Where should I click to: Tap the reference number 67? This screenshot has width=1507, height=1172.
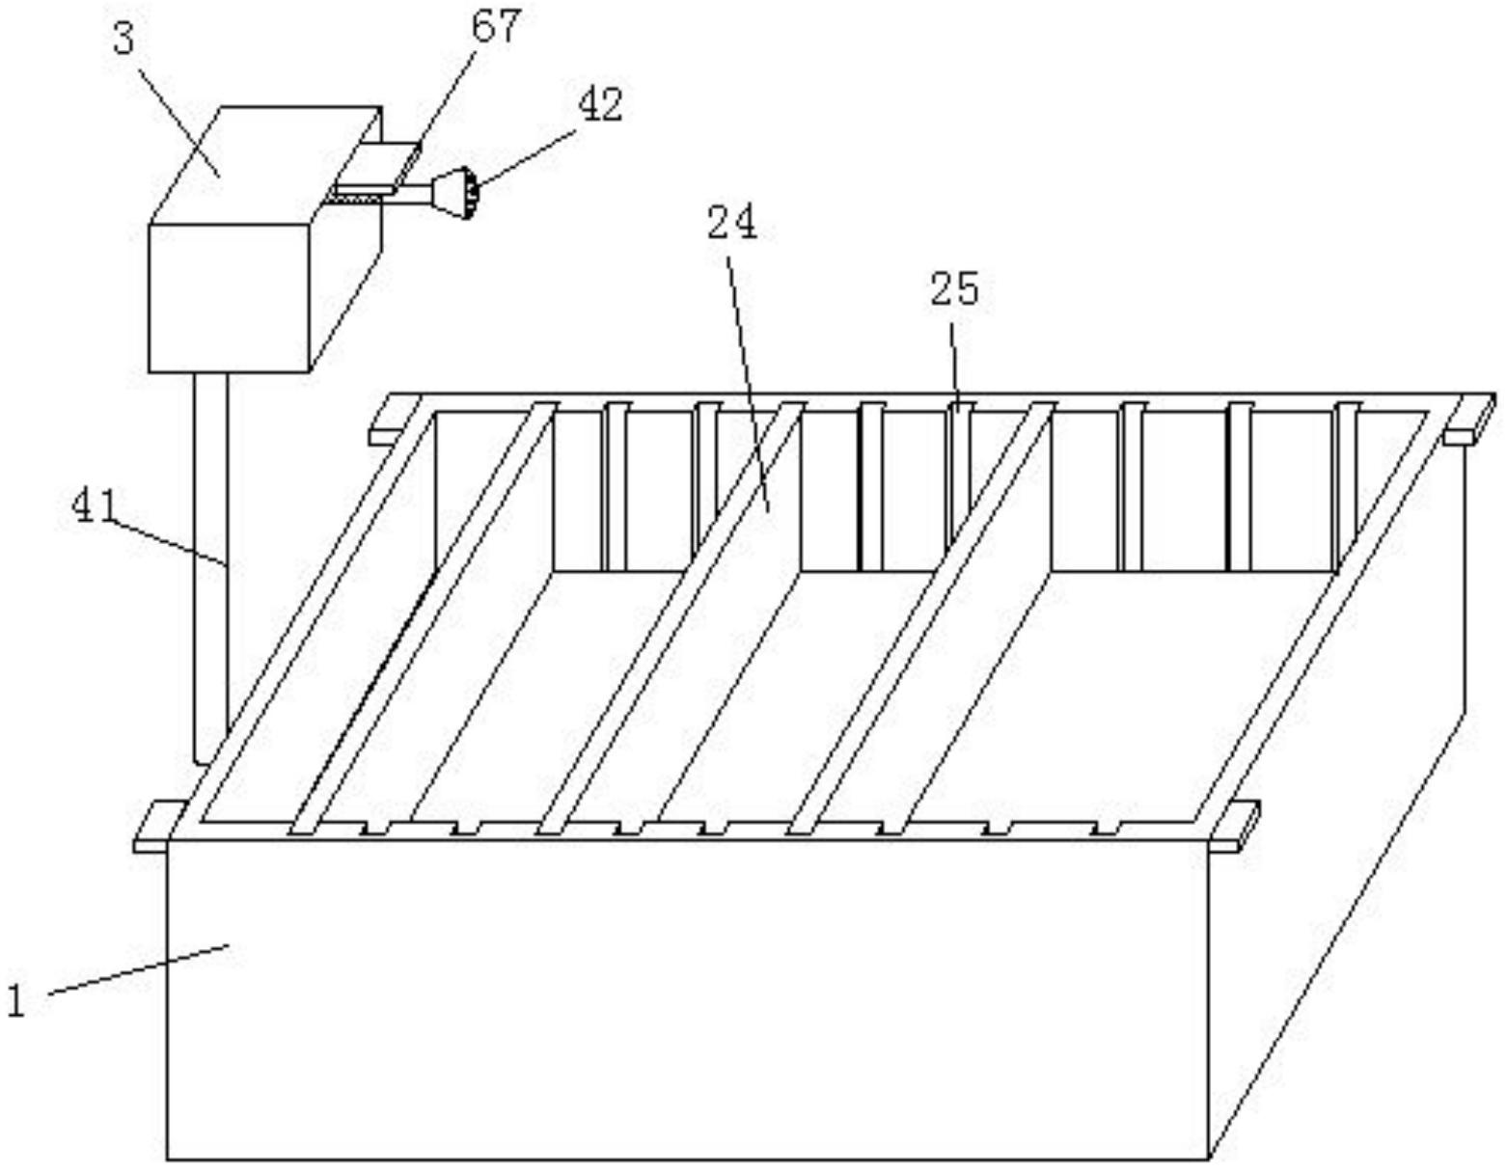496,26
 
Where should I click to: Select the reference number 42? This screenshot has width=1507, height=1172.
600,105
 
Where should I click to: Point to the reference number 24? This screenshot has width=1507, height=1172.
732,224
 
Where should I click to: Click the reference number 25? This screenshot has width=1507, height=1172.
953,289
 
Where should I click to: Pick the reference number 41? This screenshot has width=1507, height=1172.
95,506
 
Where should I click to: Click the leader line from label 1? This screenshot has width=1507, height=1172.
135,968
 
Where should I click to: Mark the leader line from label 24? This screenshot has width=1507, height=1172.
748,376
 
